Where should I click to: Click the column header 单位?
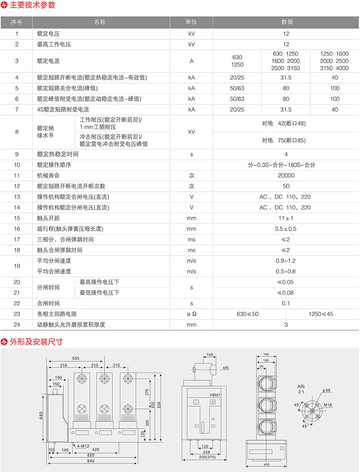point(191,22)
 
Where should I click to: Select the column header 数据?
point(286,22)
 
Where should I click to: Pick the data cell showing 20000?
point(286,175)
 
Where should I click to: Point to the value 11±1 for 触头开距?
point(286,218)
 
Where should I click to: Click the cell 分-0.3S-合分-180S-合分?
point(286,165)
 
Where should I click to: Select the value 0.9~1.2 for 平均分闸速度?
point(286,261)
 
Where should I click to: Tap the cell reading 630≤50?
point(248,314)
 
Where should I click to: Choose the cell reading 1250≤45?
point(321,314)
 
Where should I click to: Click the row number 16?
point(17,229)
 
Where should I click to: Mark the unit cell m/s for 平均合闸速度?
point(191,271)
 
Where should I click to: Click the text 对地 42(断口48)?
point(284,124)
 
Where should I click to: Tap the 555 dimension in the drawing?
point(75,358)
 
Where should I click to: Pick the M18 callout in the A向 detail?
point(328,405)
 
